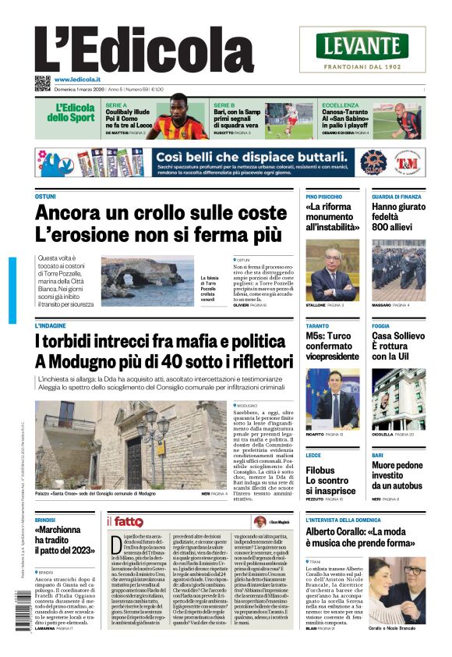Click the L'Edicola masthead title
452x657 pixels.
(x=144, y=51)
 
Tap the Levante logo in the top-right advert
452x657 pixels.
(x=362, y=45)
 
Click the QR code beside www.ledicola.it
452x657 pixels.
(x=42, y=83)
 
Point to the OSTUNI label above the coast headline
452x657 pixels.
(x=45, y=197)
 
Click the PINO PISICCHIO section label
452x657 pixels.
(x=324, y=197)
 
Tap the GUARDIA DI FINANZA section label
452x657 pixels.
(x=397, y=197)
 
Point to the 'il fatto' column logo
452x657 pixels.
(x=126, y=521)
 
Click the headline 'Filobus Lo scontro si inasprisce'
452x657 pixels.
(x=330, y=481)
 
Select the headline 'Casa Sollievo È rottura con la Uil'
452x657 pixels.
(x=397, y=346)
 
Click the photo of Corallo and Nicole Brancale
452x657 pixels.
(x=397, y=590)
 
